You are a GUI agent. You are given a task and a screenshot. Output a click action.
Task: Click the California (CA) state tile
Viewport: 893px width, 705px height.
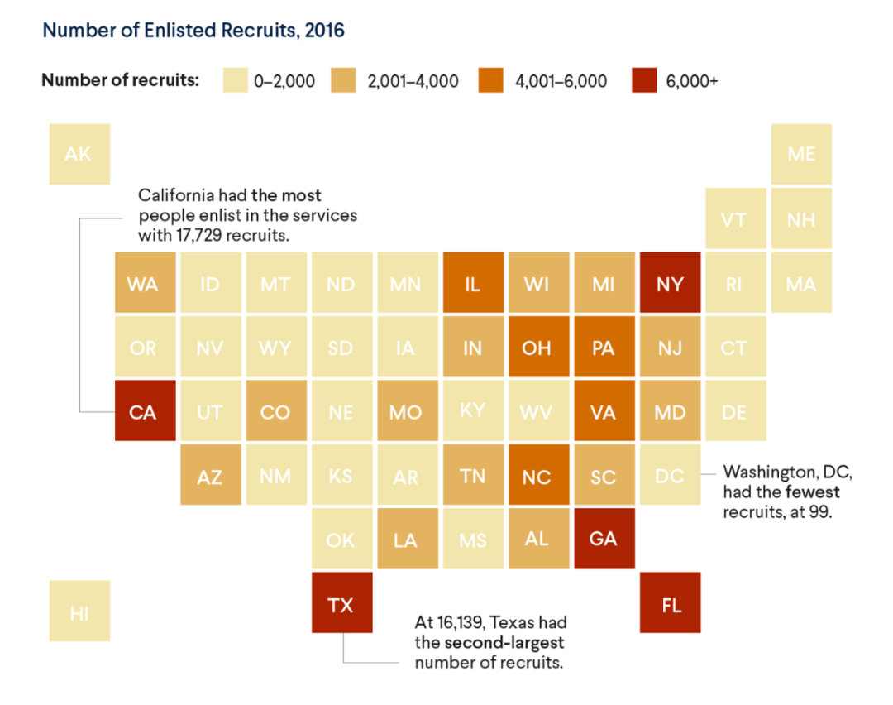(145, 411)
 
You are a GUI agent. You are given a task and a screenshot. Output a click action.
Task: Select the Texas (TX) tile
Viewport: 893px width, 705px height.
(341, 605)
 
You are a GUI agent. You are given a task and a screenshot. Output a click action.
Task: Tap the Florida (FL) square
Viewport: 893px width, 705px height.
(671, 605)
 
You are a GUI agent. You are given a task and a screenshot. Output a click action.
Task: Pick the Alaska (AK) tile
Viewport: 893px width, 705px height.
(79, 154)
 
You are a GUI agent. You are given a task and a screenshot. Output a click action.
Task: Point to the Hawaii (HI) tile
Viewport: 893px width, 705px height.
(79, 611)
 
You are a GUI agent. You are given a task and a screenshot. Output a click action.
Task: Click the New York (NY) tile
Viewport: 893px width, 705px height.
(671, 283)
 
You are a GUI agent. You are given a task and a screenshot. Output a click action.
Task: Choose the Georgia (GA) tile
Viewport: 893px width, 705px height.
(604, 539)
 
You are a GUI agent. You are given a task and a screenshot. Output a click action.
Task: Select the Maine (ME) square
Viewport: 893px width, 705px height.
(801, 154)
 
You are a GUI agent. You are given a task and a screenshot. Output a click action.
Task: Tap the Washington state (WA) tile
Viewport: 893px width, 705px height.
(145, 283)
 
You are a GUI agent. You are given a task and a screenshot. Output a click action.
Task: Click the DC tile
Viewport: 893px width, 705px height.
(669, 475)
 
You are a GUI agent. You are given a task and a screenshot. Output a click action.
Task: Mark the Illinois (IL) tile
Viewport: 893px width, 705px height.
(472, 283)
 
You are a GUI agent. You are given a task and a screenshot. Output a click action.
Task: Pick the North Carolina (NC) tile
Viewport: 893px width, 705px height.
(538, 475)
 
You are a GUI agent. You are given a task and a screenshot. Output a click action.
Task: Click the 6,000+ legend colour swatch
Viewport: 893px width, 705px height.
(644, 81)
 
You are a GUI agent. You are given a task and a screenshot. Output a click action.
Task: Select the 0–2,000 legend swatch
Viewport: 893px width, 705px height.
(235, 81)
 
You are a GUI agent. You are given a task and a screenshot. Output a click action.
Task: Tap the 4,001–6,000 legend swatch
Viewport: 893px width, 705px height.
(489, 81)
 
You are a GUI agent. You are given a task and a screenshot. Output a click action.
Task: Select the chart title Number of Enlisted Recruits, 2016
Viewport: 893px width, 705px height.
(193, 31)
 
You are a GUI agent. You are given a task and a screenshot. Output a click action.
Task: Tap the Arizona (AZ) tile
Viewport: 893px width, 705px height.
(211, 475)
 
